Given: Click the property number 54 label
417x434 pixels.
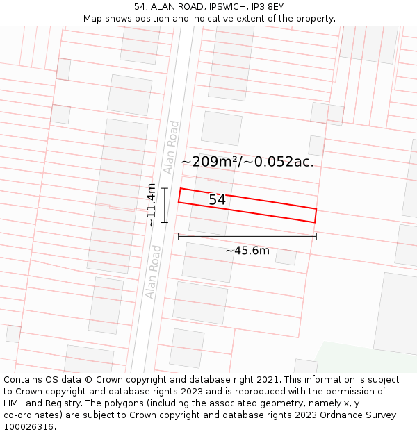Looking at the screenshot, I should click(x=217, y=200).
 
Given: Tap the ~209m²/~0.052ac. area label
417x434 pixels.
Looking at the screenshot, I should click(x=247, y=162).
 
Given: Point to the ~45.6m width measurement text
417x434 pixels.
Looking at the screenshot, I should click(x=247, y=251).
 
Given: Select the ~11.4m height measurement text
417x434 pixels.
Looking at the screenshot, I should click(x=151, y=205).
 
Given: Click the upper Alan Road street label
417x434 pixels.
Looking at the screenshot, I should click(x=171, y=147).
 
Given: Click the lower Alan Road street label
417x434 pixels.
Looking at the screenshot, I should click(x=153, y=272).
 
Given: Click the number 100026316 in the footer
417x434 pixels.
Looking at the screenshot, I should click(x=29, y=427).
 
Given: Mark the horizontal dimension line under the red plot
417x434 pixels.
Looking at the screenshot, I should click(x=247, y=236).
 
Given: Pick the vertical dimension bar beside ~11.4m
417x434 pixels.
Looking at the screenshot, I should click(x=165, y=205).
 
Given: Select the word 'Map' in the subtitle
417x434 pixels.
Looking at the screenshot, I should click(x=94, y=18).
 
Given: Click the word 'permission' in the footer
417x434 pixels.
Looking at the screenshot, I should click(x=362, y=392).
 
